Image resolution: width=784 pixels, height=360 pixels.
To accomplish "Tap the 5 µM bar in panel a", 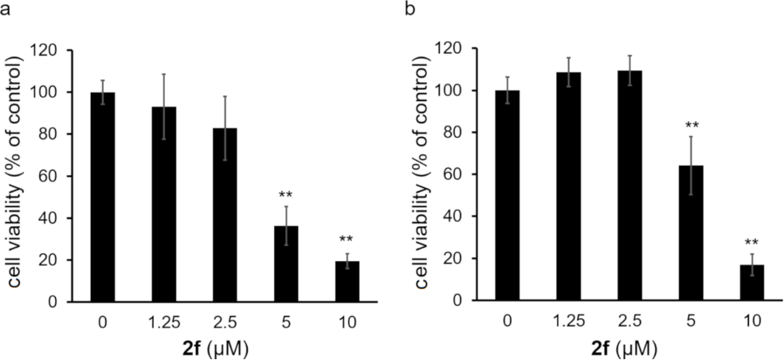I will pyautogui.click(x=286, y=264).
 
